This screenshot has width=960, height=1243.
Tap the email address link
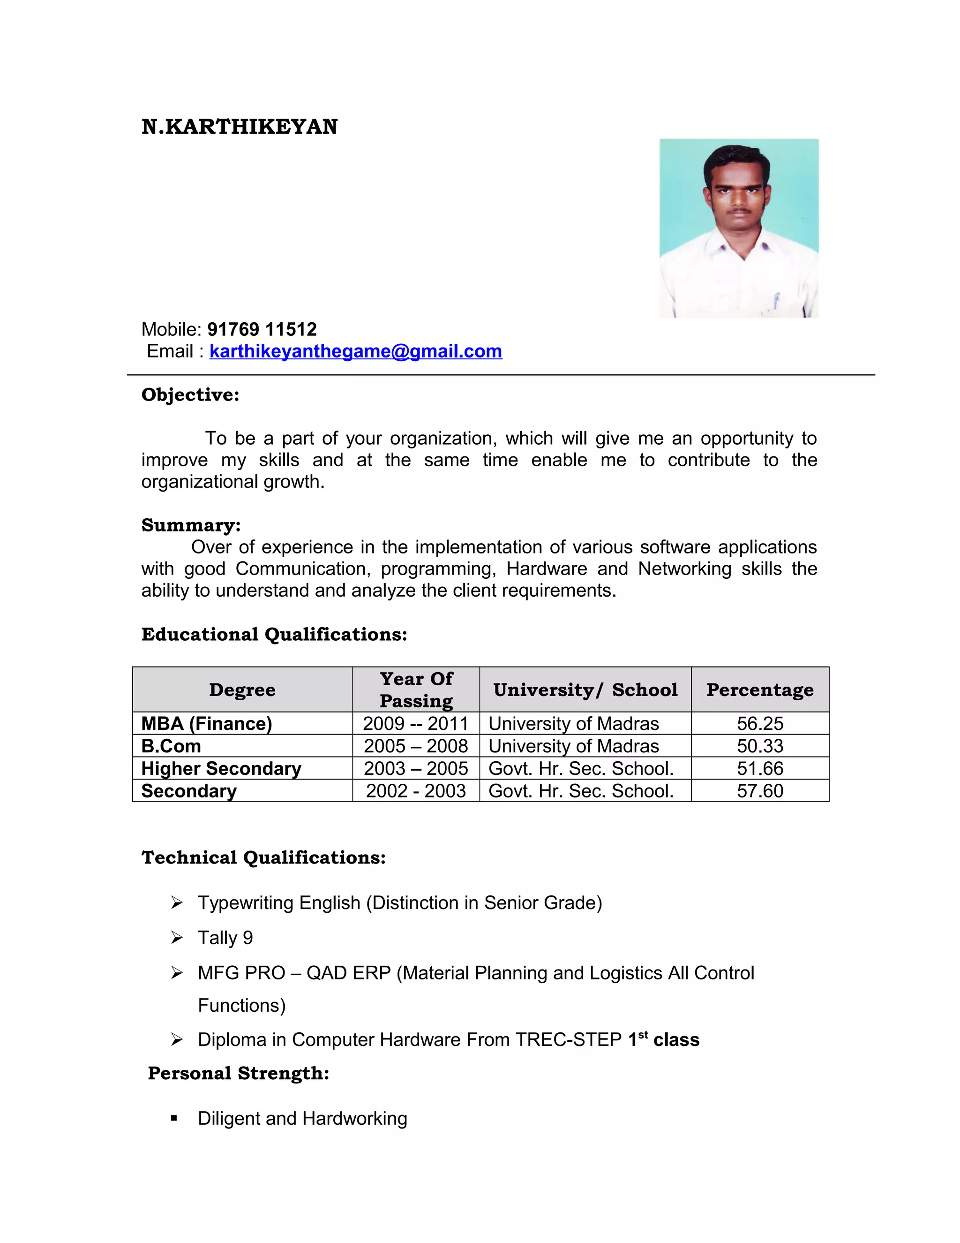click(355, 351)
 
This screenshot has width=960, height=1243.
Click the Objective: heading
click(190, 394)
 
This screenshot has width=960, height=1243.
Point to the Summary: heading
click(190, 525)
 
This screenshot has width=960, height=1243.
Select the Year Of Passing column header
click(416, 689)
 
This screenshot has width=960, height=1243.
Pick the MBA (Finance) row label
click(206, 723)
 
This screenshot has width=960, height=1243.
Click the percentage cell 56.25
click(759, 723)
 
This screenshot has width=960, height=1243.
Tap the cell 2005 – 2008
click(416, 746)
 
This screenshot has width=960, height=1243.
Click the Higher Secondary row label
click(221, 768)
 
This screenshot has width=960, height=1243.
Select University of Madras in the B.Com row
click(573, 746)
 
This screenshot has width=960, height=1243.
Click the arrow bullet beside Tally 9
click(177, 937)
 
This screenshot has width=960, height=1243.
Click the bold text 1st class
click(663, 1039)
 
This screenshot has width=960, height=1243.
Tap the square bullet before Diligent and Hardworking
click(174, 1118)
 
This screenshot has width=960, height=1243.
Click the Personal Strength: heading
click(238, 1073)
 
